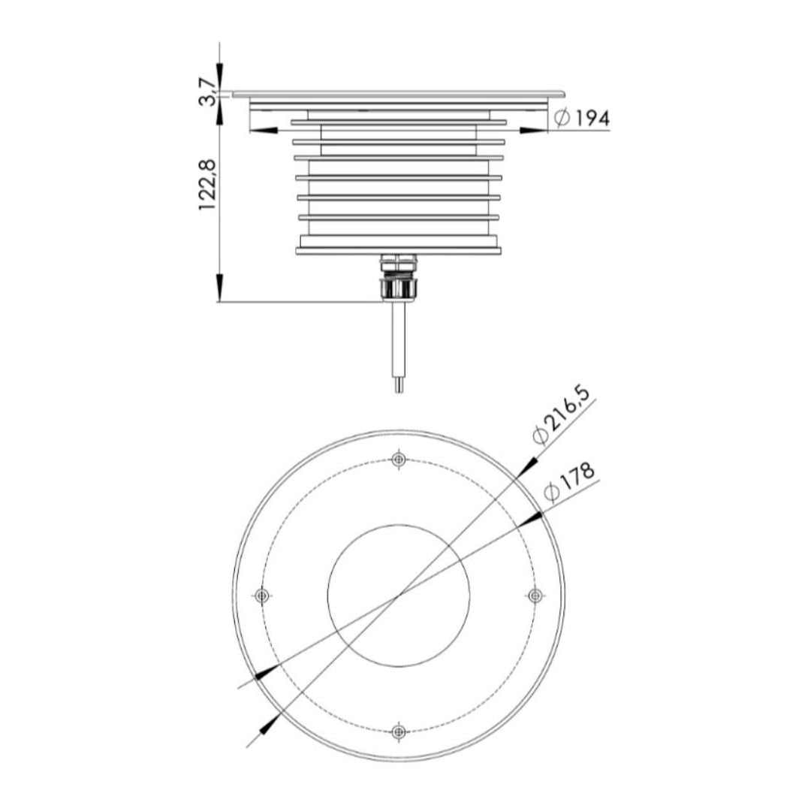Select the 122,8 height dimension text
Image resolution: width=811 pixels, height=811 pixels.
pos(207,184)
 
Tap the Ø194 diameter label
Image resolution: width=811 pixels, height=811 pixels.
pos(582,119)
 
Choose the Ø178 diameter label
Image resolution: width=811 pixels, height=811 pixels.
pos(569,481)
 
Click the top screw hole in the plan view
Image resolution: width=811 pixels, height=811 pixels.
pos(398,459)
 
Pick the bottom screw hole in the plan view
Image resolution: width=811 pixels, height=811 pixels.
pos(398,731)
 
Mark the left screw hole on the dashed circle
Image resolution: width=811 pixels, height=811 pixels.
pos(262,595)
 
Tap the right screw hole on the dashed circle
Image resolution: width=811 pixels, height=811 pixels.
pos(535,595)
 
